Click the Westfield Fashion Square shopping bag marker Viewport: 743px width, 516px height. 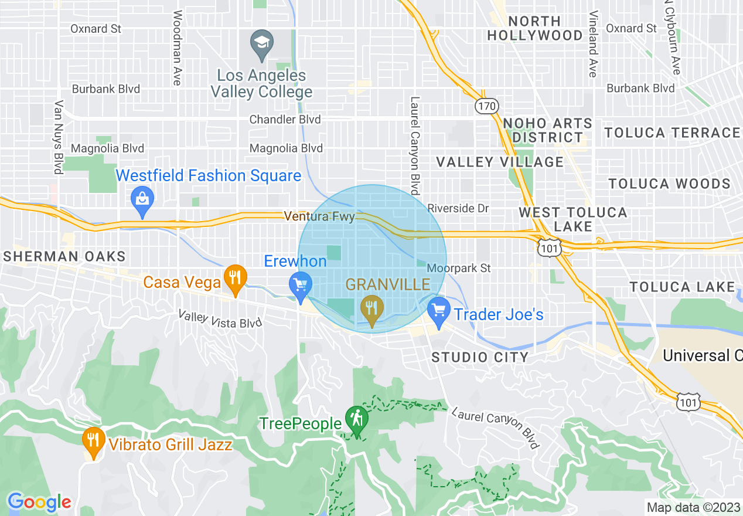tap(142, 199)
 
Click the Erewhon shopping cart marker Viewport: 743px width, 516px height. tap(301, 286)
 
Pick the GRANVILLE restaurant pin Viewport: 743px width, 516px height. tap(371, 308)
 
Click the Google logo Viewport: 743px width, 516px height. tap(39, 503)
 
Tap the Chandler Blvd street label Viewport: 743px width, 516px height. tap(285, 120)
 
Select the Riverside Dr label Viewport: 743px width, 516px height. tap(458, 208)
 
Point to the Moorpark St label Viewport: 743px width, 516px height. tap(459, 268)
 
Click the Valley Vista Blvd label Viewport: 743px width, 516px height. tap(220, 320)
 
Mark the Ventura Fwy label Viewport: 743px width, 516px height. tap(319, 217)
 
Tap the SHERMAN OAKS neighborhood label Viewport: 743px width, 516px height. tap(64, 256)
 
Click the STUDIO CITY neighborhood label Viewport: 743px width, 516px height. tap(480, 357)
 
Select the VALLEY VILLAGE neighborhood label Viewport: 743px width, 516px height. tap(500, 162)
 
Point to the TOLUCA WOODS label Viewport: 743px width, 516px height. tap(669, 184)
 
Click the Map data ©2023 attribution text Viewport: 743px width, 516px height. tap(693, 507)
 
